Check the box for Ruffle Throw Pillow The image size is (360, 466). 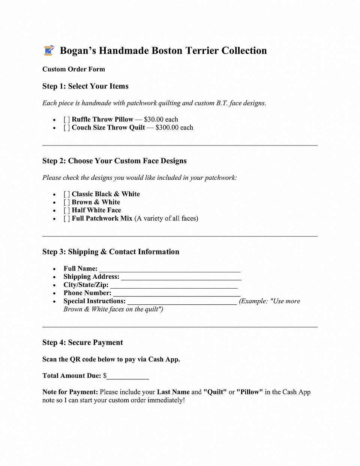[x=67, y=120]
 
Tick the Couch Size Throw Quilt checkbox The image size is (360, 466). [x=67, y=128]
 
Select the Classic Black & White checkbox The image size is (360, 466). [x=67, y=194]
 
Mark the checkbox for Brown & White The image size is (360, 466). [x=67, y=203]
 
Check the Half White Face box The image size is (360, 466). [x=67, y=210]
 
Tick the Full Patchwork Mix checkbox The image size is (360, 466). [x=67, y=219]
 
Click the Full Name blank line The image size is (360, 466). [x=169, y=269]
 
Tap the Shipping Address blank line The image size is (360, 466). [x=181, y=278]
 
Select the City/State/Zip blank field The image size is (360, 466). [x=174, y=286]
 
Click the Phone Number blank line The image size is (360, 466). [x=177, y=294]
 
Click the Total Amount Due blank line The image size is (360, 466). [x=127, y=377]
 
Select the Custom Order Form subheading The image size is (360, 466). [x=73, y=69]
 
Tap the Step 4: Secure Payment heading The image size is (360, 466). [x=82, y=343]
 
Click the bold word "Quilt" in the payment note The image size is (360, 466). [x=215, y=392]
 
